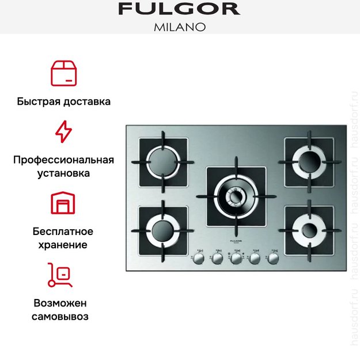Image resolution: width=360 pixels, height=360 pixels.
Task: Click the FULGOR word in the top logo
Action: [x=179, y=9]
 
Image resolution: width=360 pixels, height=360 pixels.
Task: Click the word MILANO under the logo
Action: [x=180, y=26]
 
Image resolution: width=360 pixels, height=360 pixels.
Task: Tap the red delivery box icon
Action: [x=63, y=71]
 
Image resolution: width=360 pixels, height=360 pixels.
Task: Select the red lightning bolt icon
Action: [x=63, y=132]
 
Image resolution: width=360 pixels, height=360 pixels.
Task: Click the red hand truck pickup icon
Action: [x=60, y=275]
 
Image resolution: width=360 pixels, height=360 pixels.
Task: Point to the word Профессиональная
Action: [x=63, y=160]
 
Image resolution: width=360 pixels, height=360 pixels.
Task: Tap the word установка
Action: [x=63, y=173]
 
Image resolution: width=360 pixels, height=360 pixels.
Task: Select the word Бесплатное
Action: [x=63, y=231]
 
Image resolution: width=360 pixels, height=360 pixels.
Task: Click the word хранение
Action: [x=63, y=244]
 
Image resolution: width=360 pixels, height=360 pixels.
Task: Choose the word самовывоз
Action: [x=63, y=316]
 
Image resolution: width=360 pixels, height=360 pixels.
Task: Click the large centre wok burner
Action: [x=236, y=196]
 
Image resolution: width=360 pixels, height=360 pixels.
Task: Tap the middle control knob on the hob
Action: [x=236, y=259]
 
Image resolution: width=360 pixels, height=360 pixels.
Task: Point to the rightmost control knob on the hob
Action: [x=272, y=259]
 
